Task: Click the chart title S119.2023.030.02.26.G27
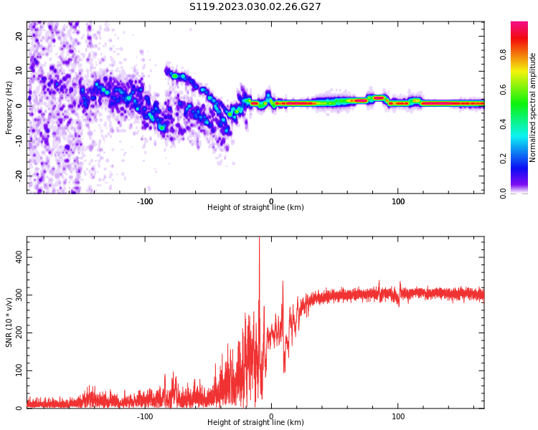click(255, 7)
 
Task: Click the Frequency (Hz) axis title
click(9, 107)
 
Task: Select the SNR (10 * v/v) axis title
click(9, 322)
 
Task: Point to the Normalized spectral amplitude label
click(533, 107)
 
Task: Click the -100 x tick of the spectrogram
click(145, 201)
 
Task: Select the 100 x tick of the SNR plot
click(398, 416)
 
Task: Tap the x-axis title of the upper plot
click(255, 208)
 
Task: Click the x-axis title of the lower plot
click(255, 423)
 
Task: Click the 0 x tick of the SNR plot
click(271, 416)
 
